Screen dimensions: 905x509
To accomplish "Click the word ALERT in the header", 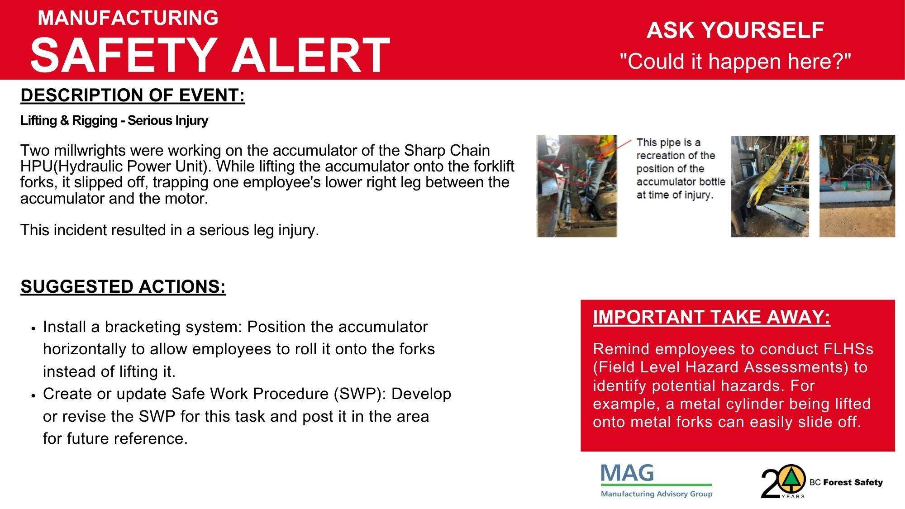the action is (x=311, y=55).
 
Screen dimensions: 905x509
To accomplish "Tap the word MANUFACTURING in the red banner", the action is (x=128, y=18).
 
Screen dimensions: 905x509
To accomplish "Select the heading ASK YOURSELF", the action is (x=735, y=30).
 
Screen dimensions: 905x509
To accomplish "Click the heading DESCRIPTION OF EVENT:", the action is (x=133, y=95).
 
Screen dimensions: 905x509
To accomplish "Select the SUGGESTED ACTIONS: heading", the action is (x=123, y=287).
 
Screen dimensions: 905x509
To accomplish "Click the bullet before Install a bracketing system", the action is (x=33, y=328).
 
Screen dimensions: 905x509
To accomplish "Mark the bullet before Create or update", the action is (x=33, y=395).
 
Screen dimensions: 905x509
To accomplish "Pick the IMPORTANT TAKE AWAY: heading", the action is (x=712, y=317).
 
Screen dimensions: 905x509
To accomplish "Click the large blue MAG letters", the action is (x=627, y=473).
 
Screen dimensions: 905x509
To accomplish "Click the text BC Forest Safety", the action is (x=846, y=482).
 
